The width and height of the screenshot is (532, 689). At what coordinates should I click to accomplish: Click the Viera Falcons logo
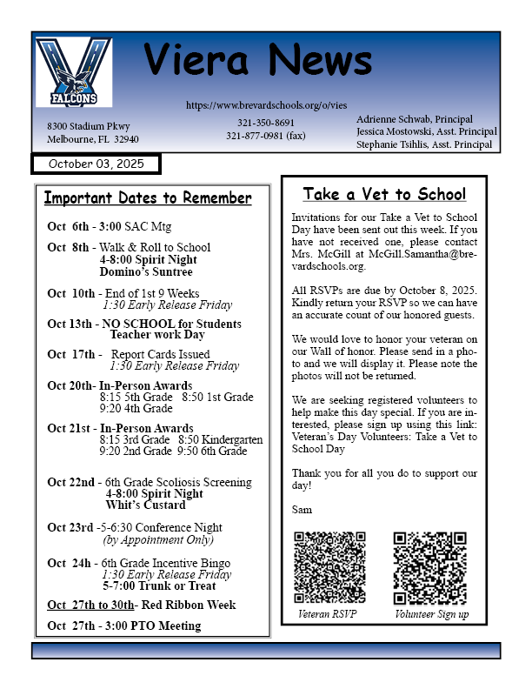[x=74, y=72]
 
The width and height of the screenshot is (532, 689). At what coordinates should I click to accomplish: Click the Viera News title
[x=258, y=61]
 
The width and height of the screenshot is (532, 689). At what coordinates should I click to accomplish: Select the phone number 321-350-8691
[x=266, y=123]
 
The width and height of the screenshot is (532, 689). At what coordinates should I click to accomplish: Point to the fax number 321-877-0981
[x=265, y=136]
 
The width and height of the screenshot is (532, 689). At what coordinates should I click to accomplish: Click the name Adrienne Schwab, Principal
[x=414, y=118]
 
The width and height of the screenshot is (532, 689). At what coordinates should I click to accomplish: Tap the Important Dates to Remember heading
[x=148, y=198]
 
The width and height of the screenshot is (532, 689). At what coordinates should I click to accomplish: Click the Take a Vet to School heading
[x=383, y=194]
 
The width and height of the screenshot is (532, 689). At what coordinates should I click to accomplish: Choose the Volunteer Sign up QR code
[x=429, y=568]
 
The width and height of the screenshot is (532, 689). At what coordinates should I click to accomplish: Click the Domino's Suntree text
[x=144, y=273]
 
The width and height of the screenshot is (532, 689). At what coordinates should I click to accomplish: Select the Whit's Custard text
[x=145, y=505]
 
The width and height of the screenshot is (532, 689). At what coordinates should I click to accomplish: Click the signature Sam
[x=302, y=509]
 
